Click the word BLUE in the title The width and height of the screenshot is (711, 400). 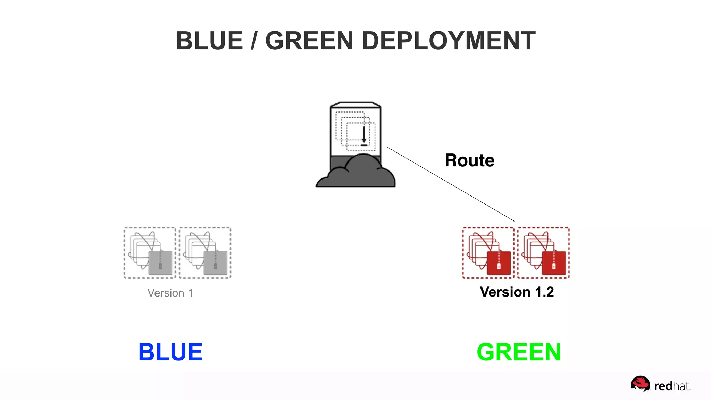click(209, 41)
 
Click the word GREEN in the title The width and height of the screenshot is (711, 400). click(309, 41)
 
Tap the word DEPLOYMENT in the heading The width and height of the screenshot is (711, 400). click(449, 41)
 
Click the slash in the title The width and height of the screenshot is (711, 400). click(254, 41)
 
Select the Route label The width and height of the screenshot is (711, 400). click(469, 160)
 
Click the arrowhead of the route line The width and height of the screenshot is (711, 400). click(513, 220)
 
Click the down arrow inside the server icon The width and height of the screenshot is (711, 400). click(364, 136)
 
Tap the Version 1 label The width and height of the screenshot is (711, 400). click(170, 293)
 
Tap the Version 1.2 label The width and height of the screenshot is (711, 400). click(517, 292)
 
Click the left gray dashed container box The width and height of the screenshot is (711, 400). click(150, 253)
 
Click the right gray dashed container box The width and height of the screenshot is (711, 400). click(205, 253)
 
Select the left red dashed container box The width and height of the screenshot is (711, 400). click(488, 253)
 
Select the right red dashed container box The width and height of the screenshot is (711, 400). click(543, 253)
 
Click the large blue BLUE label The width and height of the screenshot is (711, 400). click(170, 352)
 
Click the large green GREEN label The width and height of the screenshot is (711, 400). click(519, 352)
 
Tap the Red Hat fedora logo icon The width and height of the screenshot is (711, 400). click(640, 384)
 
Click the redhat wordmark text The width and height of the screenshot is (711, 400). click(672, 386)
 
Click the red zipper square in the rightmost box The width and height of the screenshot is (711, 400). click(554, 263)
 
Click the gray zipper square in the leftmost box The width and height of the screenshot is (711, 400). click(160, 263)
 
